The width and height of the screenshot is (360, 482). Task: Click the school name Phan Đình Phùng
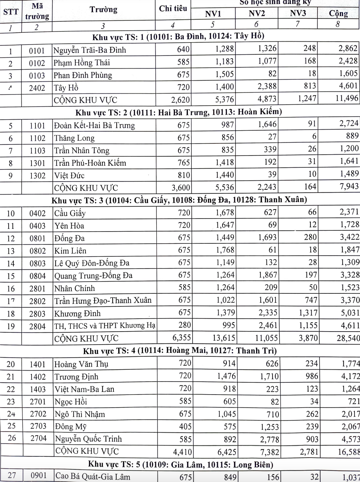(x=83, y=75)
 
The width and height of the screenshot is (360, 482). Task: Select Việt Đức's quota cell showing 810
(x=183, y=175)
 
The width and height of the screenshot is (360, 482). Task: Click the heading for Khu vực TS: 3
(x=180, y=200)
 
